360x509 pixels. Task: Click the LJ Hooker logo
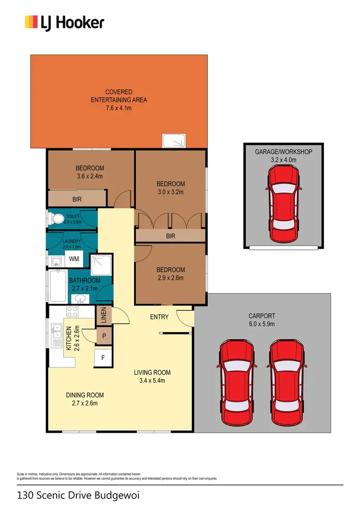coord(64,23)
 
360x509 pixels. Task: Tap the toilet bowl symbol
coord(58,219)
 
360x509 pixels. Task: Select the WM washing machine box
coord(74,259)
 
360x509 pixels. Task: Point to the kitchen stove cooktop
coord(72,312)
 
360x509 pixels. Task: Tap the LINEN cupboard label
coord(104,315)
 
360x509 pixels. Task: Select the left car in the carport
coord(234,382)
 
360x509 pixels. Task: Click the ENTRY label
coord(159,317)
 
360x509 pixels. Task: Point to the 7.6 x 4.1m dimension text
coord(119,108)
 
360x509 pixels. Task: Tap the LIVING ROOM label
coord(152,373)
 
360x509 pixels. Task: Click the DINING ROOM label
coord(84,395)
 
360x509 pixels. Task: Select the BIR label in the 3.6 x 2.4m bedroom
coord(77,198)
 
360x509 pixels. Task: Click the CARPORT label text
coord(262,316)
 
